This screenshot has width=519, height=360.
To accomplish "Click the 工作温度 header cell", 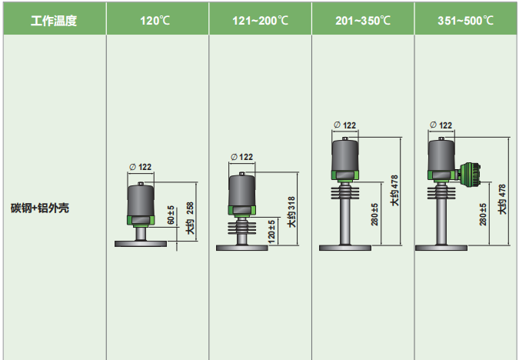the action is [x=54, y=21].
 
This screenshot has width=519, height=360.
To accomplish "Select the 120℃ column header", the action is [x=155, y=21].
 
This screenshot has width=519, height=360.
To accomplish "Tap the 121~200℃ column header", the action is [x=260, y=21].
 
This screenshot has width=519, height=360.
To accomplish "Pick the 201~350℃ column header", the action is [x=363, y=21].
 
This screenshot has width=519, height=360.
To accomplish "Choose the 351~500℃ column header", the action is [x=465, y=21].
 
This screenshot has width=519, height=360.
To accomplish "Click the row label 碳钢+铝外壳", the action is [x=40, y=208].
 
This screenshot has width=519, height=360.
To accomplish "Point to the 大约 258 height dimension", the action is [x=191, y=218].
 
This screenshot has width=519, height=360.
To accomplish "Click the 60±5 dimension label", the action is [x=171, y=215].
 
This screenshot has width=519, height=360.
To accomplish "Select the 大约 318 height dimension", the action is [x=291, y=212].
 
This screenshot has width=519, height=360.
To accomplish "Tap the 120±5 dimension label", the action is [x=271, y=232].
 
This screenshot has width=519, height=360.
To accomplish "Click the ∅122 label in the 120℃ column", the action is [x=141, y=167].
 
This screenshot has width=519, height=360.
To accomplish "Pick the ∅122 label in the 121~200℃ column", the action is [x=242, y=157].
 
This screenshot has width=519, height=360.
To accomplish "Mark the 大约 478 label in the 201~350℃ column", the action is [x=394, y=191].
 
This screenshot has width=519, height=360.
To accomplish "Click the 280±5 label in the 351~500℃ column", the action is [x=483, y=215].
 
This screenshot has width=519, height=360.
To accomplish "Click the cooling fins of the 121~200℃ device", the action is [x=242, y=228].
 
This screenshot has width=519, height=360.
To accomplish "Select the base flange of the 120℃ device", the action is [x=141, y=244].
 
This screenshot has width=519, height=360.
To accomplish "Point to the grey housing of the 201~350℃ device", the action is [x=345, y=155].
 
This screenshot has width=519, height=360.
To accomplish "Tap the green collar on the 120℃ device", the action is [x=141, y=220].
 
